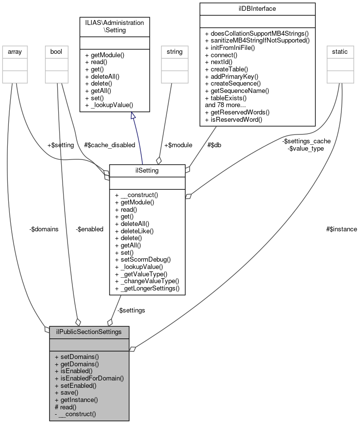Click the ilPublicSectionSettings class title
pyautogui.click(x=89, y=332)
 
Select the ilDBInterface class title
pyautogui.click(x=257, y=9)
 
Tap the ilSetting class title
pyautogui.click(x=147, y=170)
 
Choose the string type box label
pyautogui.click(x=175, y=51)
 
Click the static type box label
pyautogui.click(x=340, y=51)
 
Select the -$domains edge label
pyautogui.click(x=44, y=229)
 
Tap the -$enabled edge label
pyautogui.click(x=90, y=229)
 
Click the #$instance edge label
pyautogui.click(x=341, y=229)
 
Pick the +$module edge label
pyautogui.click(x=178, y=145)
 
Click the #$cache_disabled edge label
pyautogui.click(x=110, y=145)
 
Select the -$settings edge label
pyautogui.click(x=131, y=310)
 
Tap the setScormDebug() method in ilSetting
pyautogui.click(x=142, y=259)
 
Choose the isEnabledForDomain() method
pyautogui.click(x=89, y=378)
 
